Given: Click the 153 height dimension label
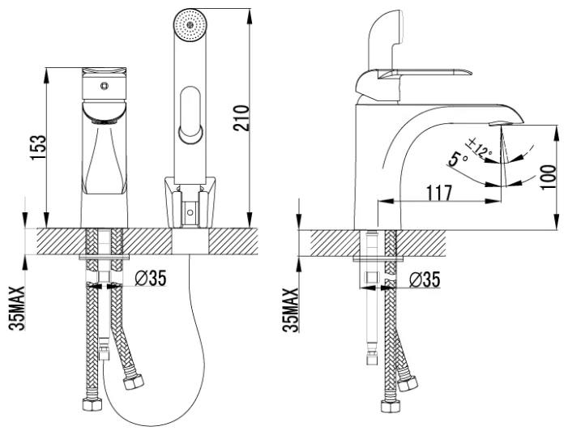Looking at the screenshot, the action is [x=38, y=147].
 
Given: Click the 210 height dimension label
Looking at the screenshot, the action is [x=241, y=118].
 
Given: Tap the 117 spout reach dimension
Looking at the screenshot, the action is [x=439, y=193].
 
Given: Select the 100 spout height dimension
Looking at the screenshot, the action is [x=549, y=177].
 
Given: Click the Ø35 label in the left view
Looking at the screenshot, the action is [x=151, y=278].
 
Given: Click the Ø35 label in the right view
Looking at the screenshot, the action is [x=425, y=279].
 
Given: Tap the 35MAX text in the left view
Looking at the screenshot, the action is [x=17, y=309].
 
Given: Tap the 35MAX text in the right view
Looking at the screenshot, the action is [x=291, y=310].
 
